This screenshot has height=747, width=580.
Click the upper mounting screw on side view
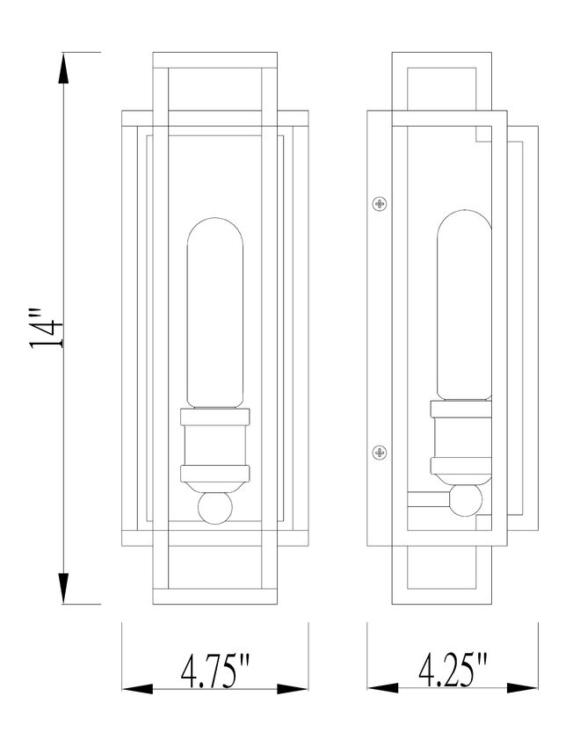[380, 204]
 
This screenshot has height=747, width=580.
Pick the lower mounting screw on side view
[380, 453]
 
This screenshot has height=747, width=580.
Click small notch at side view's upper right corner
[482, 135]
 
